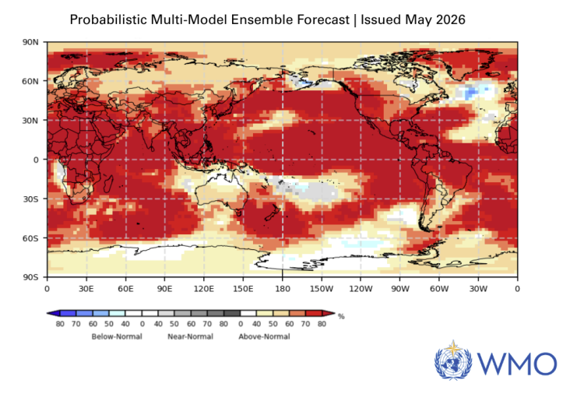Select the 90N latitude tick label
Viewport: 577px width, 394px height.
[30, 42]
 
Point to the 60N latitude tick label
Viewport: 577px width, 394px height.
[30, 81]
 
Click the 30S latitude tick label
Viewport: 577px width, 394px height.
[31, 199]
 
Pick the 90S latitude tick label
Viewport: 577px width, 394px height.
[31, 277]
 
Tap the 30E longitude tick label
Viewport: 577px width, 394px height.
[86, 289]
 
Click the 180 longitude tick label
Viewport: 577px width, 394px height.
[282, 289]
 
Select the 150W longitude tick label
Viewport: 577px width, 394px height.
[322, 289]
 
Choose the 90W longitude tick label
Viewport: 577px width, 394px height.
[400, 289]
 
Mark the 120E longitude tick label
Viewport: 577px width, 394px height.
[204, 289]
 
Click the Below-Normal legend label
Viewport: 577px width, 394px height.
[117, 336]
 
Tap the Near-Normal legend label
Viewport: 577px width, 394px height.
[190, 336]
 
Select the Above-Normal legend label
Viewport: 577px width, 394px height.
[264, 336]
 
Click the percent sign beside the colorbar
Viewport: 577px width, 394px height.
[341, 317]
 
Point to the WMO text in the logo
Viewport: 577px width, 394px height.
[517, 364]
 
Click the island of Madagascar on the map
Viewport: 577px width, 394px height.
[107, 184]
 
